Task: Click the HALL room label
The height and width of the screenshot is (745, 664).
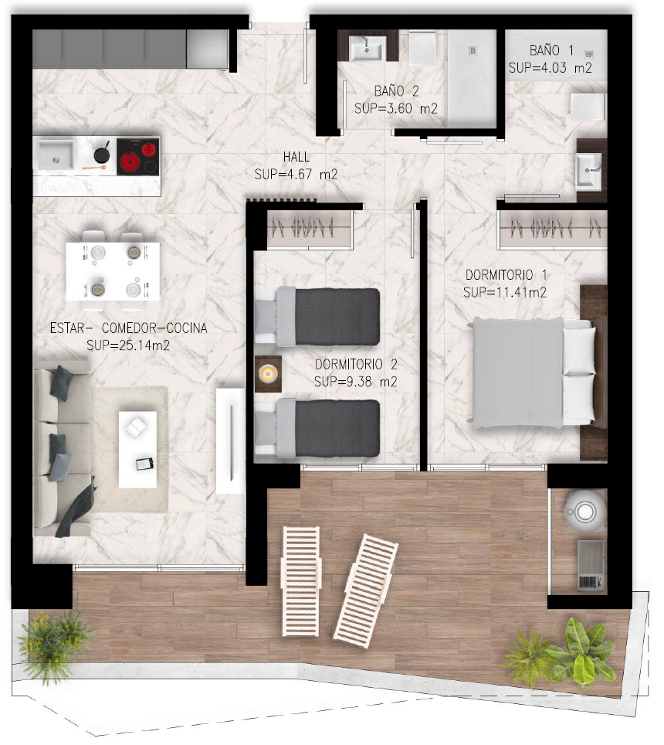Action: [x=296, y=157]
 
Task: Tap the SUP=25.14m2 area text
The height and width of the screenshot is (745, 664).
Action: [x=128, y=345]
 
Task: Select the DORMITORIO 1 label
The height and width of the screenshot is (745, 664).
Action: [x=506, y=274]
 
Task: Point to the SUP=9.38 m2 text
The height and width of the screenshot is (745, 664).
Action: [x=355, y=382]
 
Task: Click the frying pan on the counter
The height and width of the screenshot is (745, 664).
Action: [x=102, y=153]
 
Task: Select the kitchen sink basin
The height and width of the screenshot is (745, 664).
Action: [x=56, y=154]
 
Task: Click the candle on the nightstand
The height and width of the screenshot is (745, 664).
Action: [x=268, y=373]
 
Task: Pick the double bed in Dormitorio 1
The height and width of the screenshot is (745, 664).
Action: [x=531, y=372]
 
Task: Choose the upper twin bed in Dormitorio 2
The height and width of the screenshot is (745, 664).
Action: [x=317, y=316]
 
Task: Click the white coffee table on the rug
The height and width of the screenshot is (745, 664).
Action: [x=137, y=450]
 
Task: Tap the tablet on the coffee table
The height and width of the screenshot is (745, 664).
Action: [x=144, y=464]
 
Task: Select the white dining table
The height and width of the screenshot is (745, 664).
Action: [x=113, y=271]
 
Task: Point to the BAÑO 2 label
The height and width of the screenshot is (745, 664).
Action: [x=396, y=90]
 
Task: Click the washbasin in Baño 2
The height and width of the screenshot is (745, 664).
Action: [x=367, y=48]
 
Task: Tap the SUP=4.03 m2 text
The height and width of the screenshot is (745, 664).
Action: [x=551, y=68]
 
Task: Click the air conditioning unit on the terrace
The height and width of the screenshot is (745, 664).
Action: [x=591, y=566]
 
